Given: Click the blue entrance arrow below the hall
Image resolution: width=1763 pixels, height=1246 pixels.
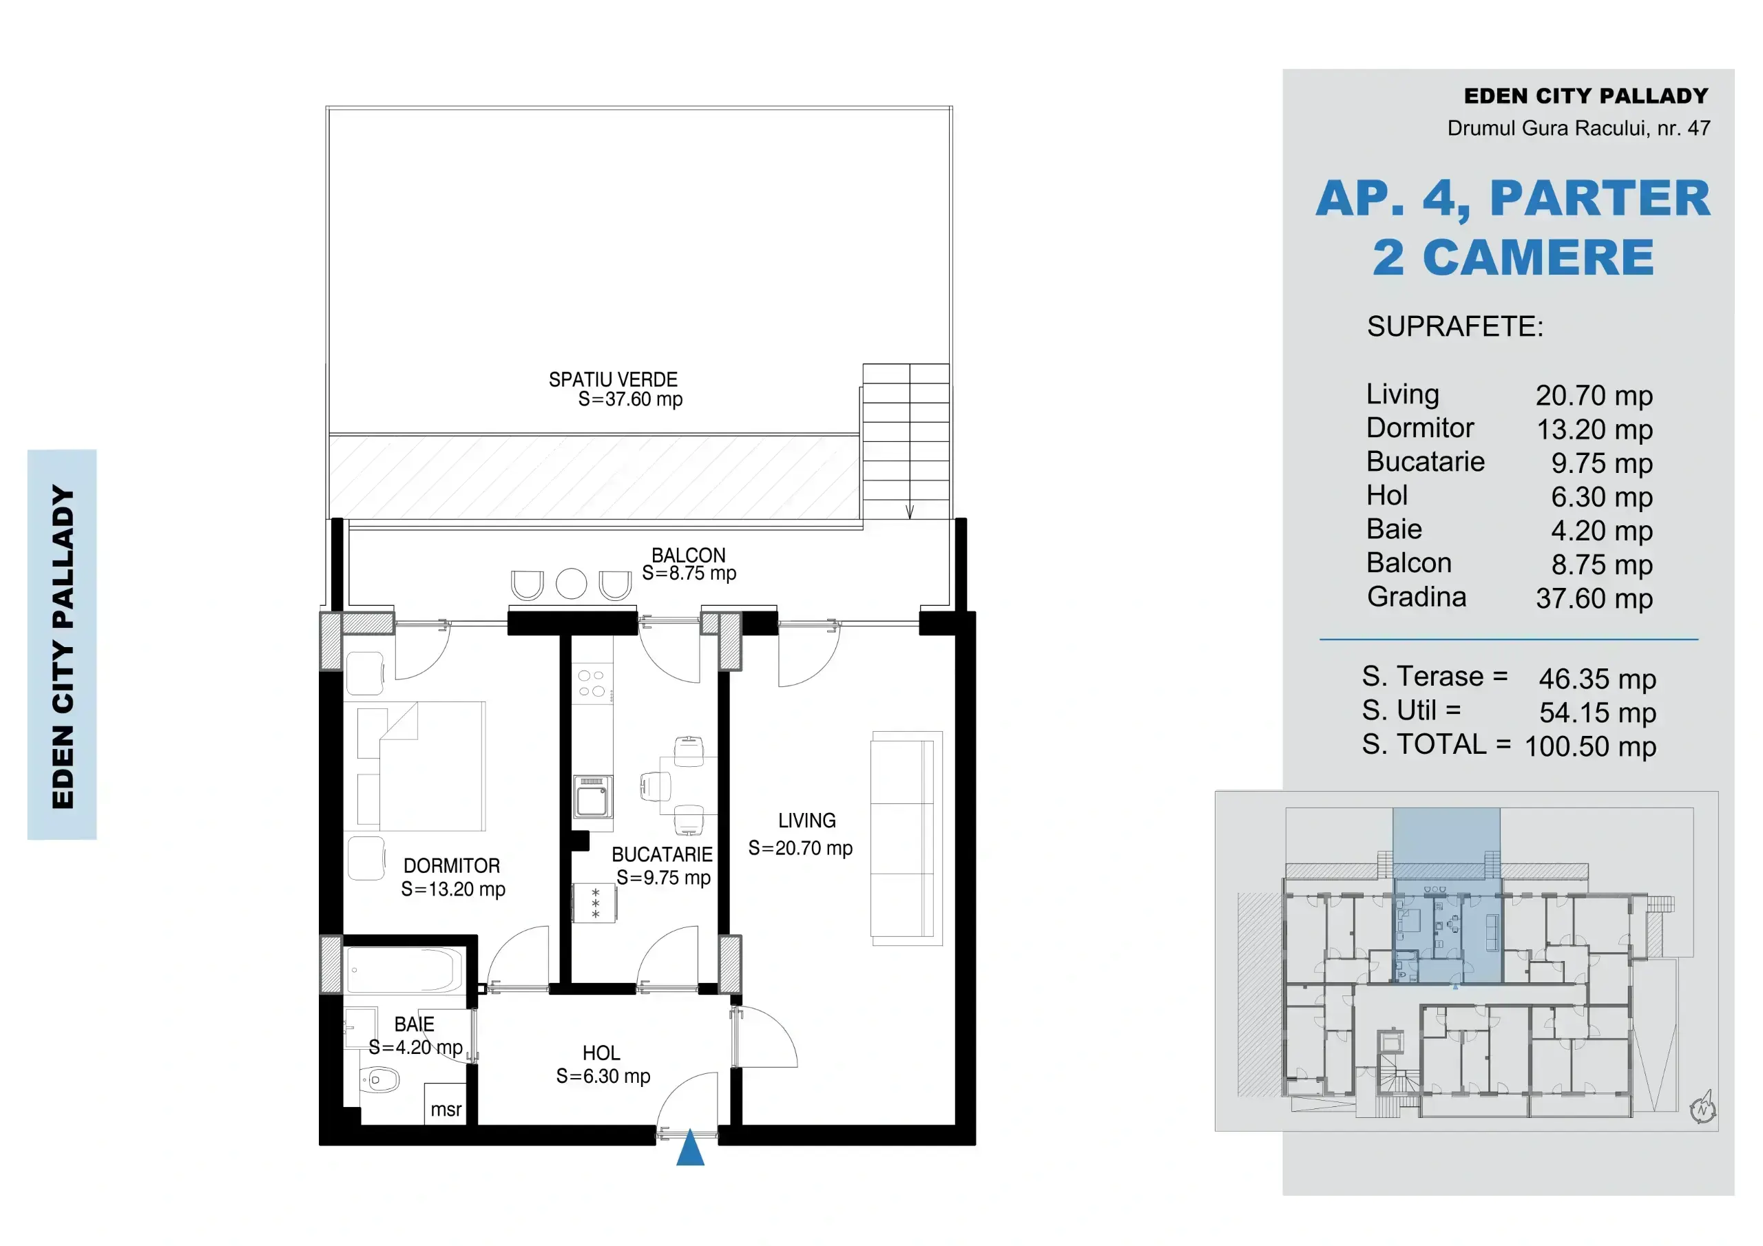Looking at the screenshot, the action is pyautogui.click(x=690, y=1148).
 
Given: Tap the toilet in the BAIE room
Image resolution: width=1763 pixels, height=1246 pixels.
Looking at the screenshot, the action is pyautogui.click(x=379, y=1080).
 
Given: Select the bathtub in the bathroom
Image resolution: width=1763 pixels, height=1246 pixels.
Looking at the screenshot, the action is pyautogui.click(x=405, y=970).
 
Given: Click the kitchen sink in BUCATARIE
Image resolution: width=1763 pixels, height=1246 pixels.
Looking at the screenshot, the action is pyautogui.click(x=593, y=797).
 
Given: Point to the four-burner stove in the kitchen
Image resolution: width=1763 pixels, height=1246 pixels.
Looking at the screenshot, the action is pyautogui.click(x=592, y=684).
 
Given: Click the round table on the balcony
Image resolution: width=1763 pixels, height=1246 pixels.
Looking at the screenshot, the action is pyautogui.click(x=572, y=584).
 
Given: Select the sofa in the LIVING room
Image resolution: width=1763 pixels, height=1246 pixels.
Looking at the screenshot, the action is pyautogui.click(x=906, y=838).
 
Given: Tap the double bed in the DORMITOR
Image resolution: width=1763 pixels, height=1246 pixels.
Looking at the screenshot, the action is pyautogui.click(x=421, y=766).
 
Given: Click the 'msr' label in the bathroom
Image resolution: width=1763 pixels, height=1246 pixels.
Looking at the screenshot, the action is pyautogui.click(x=446, y=1109).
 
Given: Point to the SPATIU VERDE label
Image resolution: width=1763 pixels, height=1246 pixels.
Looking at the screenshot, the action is pyautogui.click(x=614, y=379).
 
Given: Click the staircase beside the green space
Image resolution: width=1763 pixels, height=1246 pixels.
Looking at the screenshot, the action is pyautogui.click(x=906, y=441).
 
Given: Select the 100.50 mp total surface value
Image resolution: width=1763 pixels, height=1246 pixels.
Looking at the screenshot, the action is pyautogui.click(x=1590, y=747).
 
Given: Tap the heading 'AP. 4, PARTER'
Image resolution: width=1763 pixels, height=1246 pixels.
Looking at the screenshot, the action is pyautogui.click(x=1513, y=198).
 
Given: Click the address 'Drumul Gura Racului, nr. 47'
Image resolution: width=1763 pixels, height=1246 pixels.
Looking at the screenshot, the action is pyautogui.click(x=1578, y=128).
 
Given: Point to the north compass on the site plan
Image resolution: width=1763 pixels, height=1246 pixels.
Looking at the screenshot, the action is pyautogui.click(x=1703, y=1108).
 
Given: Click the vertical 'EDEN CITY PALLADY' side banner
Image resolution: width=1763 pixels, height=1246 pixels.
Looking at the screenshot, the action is pyautogui.click(x=62, y=645).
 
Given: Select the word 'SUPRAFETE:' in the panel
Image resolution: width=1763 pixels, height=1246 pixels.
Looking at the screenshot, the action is pyautogui.click(x=1455, y=327).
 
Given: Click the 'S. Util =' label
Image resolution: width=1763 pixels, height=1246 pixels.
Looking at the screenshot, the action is pyautogui.click(x=1411, y=711).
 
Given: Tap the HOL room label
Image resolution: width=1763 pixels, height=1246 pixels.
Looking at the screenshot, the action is pyautogui.click(x=601, y=1053).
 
